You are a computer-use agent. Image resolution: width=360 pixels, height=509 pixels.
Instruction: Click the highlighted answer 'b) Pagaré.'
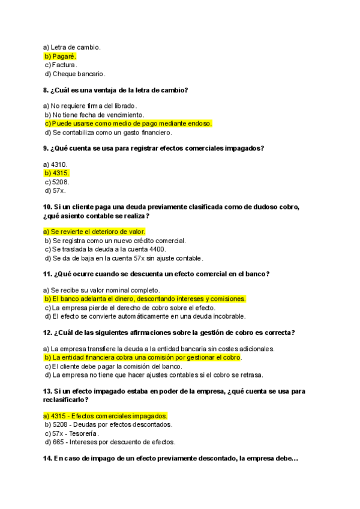tap(60, 56)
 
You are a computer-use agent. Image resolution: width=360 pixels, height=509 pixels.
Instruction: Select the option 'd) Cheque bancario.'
tap(75, 74)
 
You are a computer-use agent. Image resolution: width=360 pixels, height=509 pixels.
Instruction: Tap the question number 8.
tap(46, 90)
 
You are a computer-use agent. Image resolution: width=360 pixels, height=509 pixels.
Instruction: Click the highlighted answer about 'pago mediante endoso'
tap(128, 124)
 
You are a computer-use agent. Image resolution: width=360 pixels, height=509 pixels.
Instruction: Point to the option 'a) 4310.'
tap(56, 164)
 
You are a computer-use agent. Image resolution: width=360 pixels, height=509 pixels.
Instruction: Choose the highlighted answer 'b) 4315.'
tap(56, 173)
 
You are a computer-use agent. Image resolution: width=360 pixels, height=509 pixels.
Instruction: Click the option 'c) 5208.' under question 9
tap(57, 182)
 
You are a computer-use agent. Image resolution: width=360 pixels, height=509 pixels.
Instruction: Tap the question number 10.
tap(48, 207)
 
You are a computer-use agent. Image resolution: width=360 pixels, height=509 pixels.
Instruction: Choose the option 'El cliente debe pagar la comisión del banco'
tap(113, 366)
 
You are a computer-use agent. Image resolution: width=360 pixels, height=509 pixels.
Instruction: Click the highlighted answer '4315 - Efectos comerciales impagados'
tap(105, 415)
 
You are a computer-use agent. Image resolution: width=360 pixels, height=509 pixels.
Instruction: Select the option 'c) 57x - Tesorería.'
tap(72, 433)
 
